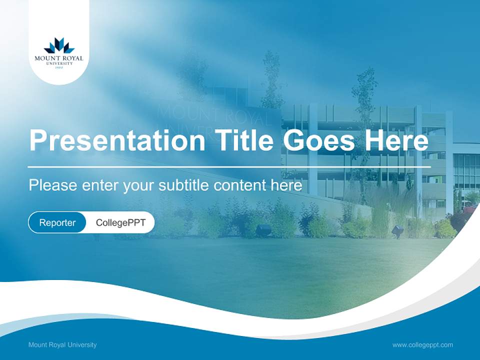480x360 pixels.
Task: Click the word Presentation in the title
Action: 116,140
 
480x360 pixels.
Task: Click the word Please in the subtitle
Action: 52,185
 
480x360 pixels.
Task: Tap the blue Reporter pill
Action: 57,222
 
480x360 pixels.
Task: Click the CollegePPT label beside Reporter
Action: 120,222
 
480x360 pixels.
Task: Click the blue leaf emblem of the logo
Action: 59,46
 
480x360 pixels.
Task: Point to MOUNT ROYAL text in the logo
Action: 59,58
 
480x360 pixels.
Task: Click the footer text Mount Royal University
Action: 62,344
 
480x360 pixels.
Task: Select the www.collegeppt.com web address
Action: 422,344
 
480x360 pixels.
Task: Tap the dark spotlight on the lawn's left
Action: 263,229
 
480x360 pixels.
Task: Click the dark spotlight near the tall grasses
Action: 398,230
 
